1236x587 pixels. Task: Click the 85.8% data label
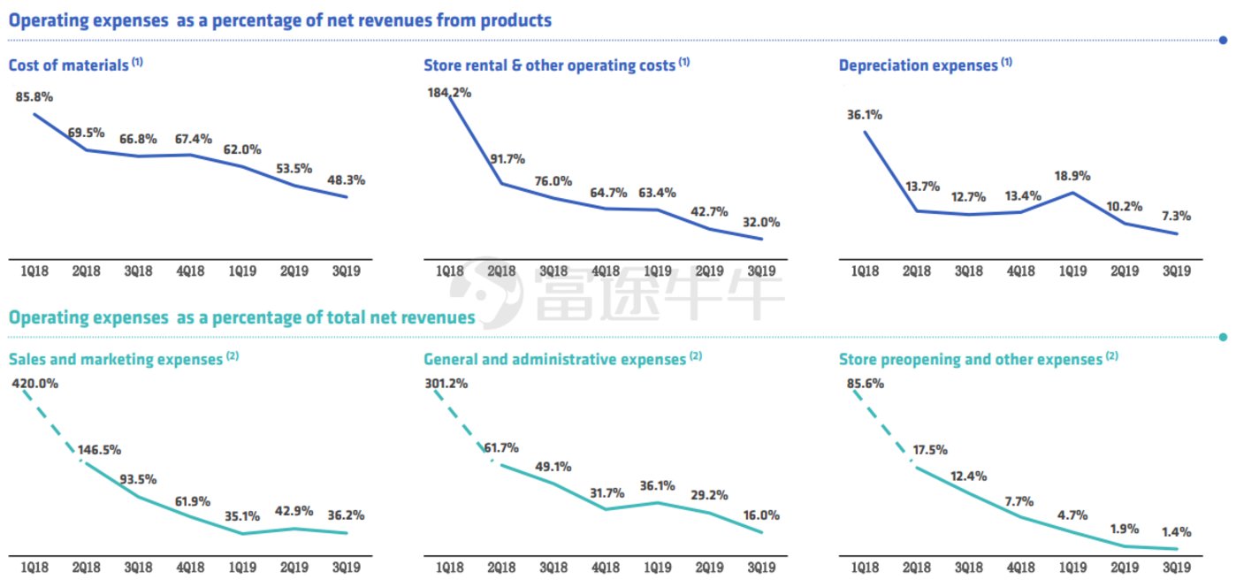[x=34, y=96]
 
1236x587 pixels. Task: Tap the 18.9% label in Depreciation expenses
[x=1072, y=175]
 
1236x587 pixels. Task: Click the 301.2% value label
[x=446, y=384]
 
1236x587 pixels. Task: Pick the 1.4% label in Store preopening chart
[x=1177, y=532]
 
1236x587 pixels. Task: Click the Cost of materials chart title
[x=68, y=65]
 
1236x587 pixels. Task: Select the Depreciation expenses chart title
[x=918, y=65]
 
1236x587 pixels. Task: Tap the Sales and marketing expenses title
[x=115, y=360]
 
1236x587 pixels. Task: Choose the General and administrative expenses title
[x=555, y=360]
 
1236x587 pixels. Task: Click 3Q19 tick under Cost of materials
[x=346, y=271]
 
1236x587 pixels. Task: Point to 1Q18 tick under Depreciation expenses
[x=865, y=271]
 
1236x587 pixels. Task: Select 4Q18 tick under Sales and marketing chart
[x=189, y=567]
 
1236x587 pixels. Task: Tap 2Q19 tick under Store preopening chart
[x=1125, y=567]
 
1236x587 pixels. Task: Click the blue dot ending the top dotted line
[x=1224, y=40]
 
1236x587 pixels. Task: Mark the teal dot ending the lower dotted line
[x=1224, y=337]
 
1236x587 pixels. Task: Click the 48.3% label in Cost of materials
[x=346, y=179]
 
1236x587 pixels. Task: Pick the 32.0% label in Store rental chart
[x=760, y=223]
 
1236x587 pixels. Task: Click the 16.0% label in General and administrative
[x=760, y=515]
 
